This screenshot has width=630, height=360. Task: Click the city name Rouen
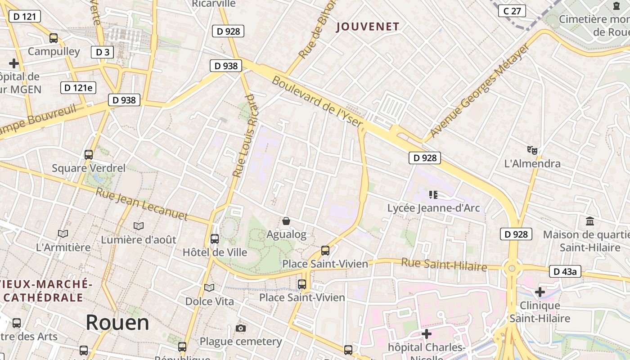[117, 323]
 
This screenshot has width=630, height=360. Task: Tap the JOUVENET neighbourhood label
[368, 27]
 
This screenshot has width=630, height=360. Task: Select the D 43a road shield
[565, 271]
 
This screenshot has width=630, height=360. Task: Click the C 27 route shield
[512, 11]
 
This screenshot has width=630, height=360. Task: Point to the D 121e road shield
[78, 87]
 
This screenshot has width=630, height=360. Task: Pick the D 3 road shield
[102, 52]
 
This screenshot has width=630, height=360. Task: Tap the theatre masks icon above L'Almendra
[532, 150]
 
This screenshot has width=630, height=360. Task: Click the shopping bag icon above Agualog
[286, 220]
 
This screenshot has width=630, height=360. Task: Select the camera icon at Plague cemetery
[241, 328]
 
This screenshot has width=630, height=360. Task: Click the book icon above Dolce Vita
[209, 287]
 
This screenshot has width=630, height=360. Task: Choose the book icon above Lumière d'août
[139, 226]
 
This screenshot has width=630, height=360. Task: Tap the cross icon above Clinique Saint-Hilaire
[540, 292]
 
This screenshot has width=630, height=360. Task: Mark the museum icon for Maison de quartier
[590, 221]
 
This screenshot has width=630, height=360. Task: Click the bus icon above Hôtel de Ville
[215, 238]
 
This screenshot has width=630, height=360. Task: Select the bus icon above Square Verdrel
[89, 155]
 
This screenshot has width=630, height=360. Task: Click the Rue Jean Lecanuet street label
[142, 204]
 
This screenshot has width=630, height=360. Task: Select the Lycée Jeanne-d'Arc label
[433, 208]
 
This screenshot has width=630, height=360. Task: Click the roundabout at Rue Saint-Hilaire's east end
[512, 269]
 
